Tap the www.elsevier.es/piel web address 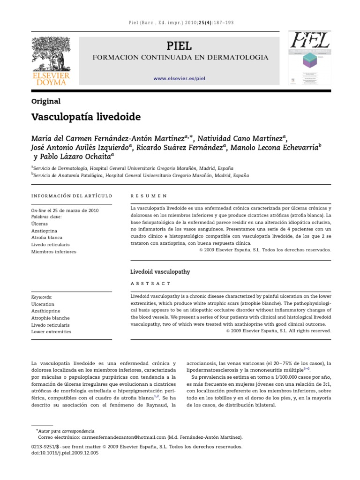click(180, 79)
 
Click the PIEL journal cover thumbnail click(310, 59)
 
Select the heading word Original click(45, 101)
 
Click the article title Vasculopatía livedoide click(86, 116)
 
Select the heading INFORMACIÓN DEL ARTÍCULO click(72, 195)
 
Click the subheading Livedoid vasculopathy click(159, 271)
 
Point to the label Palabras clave click(46, 217)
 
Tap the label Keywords click(41, 297)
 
